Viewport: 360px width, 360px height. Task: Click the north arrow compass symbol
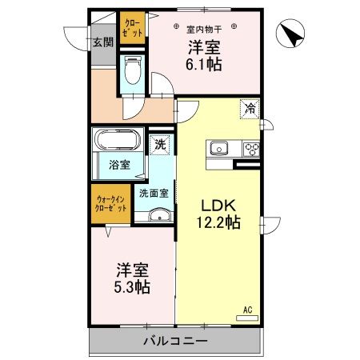click(x=290, y=34)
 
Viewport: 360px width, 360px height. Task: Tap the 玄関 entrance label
click(x=103, y=42)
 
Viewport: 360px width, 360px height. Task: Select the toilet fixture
click(x=133, y=70)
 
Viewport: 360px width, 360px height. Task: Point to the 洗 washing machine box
click(x=160, y=145)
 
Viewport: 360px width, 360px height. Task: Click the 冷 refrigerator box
click(x=250, y=109)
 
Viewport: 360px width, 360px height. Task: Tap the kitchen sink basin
click(x=219, y=148)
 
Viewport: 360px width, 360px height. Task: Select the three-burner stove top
click(x=250, y=149)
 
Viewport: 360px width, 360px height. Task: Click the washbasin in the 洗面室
click(x=159, y=215)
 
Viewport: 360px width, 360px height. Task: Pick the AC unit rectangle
click(x=247, y=318)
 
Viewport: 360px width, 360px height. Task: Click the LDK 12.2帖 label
click(x=218, y=214)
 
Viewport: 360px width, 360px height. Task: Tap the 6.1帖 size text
click(x=204, y=64)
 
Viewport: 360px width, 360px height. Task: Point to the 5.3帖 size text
click(x=132, y=287)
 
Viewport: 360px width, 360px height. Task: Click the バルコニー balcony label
click(x=175, y=341)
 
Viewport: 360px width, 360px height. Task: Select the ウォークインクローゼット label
click(x=110, y=204)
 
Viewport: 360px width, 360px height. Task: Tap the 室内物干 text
click(x=204, y=29)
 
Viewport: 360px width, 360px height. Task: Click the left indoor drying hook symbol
click(x=176, y=26)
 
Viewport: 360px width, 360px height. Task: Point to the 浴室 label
click(x=119, y=165)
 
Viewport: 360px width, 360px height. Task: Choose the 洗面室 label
click(x=154, y=194)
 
